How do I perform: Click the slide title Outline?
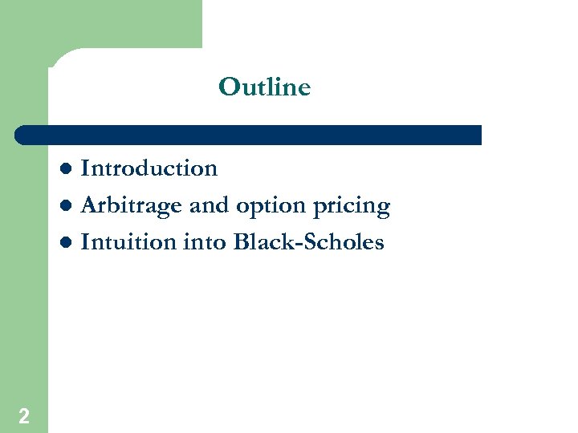[264, 87]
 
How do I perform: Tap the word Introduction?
[149, 168]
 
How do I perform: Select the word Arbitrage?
[132, 205]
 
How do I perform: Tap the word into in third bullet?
[208, 241]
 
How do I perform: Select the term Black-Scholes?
[308, 241]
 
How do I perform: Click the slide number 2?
[24, 415]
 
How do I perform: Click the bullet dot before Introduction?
[69, 169]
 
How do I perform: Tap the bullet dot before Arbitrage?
[69, 206]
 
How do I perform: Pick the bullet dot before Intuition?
[69, 242]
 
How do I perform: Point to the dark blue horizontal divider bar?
[249, 135]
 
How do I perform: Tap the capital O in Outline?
[228, 87]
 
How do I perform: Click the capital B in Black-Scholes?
[240, 241]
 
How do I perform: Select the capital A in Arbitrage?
[89, 205]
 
